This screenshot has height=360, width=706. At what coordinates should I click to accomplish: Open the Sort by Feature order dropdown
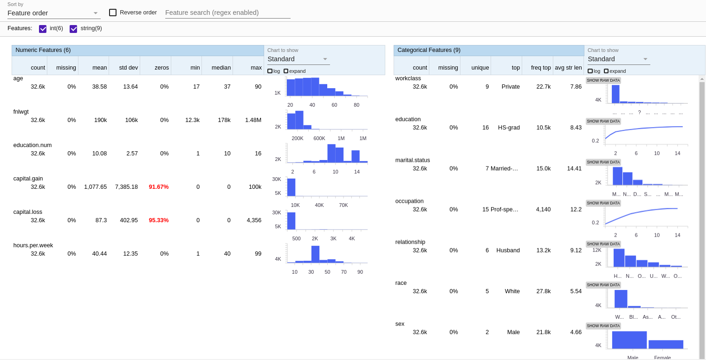click(53, 13)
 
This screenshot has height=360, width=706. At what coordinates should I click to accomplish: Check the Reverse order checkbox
click(113, 13)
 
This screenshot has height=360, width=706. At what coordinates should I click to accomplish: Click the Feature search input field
click(227, 13)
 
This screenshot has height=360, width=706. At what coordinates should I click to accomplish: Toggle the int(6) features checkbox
click(43, 29)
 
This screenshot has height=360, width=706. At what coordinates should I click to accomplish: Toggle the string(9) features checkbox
click(73, 29)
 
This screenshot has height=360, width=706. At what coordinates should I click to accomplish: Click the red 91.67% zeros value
click(159, 187)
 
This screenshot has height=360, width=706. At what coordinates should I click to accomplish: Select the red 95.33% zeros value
click(159, 220)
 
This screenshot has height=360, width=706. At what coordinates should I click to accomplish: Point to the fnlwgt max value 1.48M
click(253, 120)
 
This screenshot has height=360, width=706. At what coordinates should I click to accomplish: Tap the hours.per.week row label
click(33, 245)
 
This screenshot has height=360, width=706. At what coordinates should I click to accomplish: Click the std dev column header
click(128, 68)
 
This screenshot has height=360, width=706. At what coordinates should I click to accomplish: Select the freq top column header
click(541, 68)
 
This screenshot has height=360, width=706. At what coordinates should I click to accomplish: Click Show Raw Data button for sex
click(603, 326)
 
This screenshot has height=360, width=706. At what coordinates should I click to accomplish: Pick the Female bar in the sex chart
click(666, 344)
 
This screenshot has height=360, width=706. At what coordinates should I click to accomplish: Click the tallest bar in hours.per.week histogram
click(315, 254)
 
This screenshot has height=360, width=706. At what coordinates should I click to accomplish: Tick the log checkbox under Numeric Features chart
click(270, 71)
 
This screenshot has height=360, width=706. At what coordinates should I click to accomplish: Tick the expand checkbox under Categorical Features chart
click(606, 71)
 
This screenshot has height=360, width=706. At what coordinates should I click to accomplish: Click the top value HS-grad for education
click(509, 128)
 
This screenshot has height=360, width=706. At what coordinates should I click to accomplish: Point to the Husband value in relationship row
click(508, 251)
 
